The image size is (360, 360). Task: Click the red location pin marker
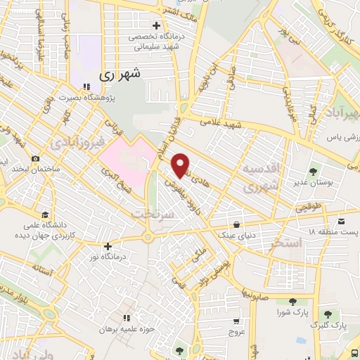click(181, 164)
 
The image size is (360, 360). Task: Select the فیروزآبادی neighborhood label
click(77, 144)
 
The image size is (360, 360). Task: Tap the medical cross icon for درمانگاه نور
click(107, 247)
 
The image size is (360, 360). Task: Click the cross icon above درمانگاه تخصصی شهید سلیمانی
click(165, 26)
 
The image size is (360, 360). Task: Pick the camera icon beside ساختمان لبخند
click(35, 160)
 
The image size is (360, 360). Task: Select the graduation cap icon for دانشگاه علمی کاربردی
click(45, 215)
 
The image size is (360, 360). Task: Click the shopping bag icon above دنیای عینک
click(236, 225)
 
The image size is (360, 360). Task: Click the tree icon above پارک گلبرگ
click(328, 314)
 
